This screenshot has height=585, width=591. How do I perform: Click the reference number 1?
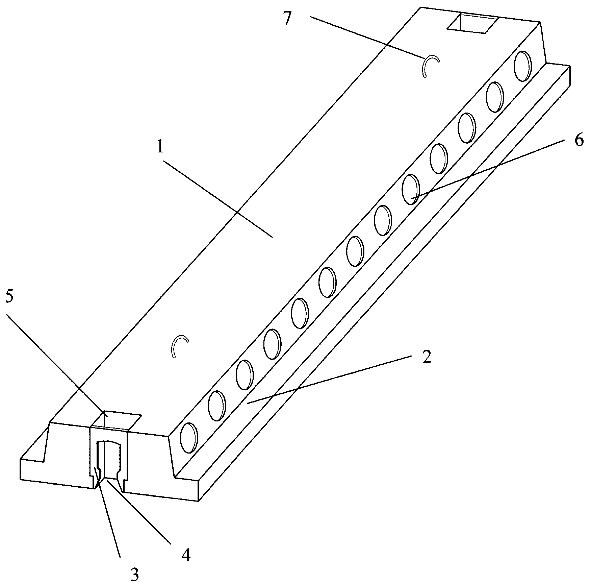160,147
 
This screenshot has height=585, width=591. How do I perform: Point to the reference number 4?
186,555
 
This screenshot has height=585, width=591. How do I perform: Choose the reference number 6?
579,140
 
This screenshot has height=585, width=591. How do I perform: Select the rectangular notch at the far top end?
472,24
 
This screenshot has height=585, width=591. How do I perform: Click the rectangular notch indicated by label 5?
117,420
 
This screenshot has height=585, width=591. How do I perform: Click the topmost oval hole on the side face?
523,66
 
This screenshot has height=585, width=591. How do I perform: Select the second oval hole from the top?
495,97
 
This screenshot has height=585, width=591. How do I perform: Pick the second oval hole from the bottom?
217,406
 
